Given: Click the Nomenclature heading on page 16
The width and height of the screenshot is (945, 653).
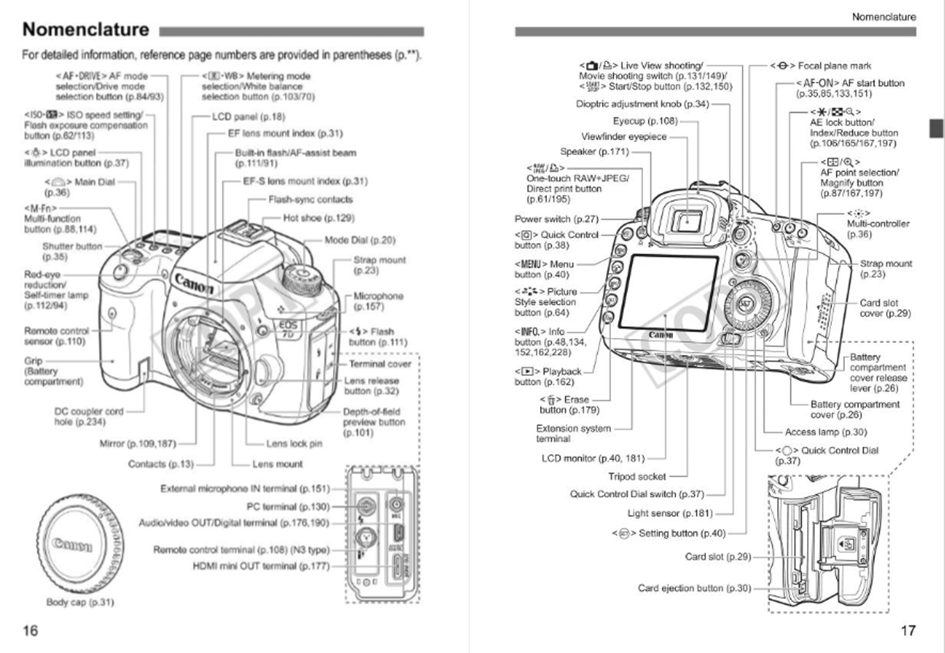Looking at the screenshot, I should point(86,31).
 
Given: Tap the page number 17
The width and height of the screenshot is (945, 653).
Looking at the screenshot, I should point(908,630).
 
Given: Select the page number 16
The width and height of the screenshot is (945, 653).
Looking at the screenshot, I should point(30,630).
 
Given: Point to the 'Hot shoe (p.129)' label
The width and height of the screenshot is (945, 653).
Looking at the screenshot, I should point(319,218).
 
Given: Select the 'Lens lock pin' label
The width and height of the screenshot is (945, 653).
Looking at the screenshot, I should point(294,443).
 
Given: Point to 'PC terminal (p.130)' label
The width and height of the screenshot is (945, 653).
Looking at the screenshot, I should point(288,506).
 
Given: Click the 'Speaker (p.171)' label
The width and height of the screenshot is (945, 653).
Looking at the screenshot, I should point(594,152).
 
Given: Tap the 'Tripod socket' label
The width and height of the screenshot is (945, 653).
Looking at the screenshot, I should point(637,476).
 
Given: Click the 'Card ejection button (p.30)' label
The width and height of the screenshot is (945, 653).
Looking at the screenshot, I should point(694,588).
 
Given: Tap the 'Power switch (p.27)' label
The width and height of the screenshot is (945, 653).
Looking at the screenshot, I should point(555,219).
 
